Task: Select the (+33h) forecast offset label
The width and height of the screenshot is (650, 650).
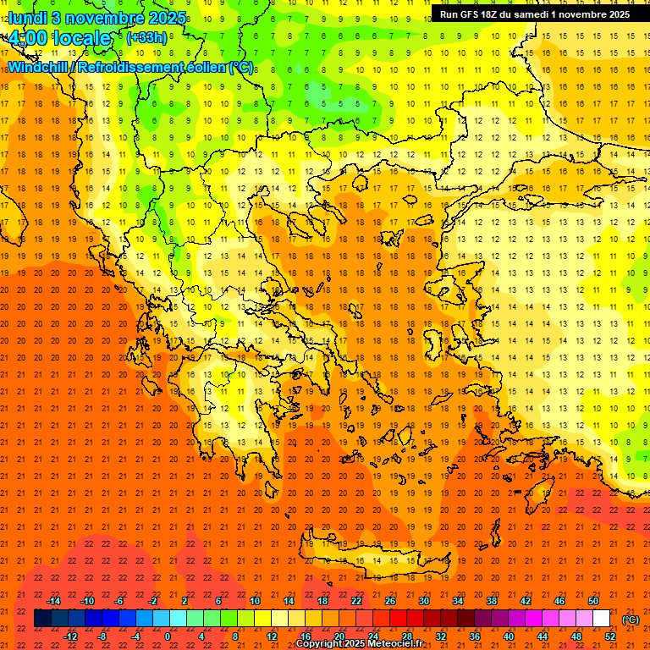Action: coord(146,38)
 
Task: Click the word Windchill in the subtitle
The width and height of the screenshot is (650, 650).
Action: coord(40,68)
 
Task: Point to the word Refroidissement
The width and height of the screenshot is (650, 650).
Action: coord(132,68)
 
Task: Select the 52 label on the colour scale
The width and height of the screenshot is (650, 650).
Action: coord(609,636)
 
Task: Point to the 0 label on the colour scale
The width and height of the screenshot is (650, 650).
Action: coord(168,636)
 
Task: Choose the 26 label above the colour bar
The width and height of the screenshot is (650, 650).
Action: coord(390,601)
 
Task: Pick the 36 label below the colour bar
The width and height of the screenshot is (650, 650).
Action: coord(474,636)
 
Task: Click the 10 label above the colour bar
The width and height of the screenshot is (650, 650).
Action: coord(255,601)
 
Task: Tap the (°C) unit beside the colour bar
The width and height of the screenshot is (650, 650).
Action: coord(630,620)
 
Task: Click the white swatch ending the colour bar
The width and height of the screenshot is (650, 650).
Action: coord(601,619)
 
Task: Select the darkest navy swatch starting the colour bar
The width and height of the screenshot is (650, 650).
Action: coord(42,619)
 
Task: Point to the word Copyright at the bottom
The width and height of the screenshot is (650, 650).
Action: coord(321,644)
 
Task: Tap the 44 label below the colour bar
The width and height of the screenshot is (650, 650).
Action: coord(542,636)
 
